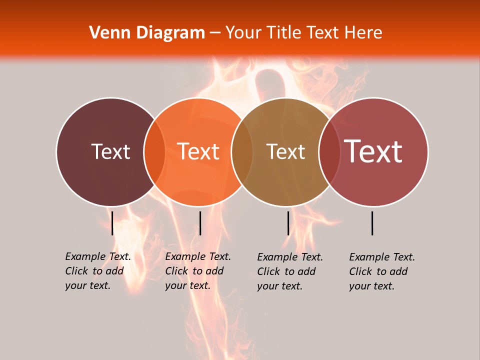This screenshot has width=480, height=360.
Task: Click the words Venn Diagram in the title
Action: click(147, 33)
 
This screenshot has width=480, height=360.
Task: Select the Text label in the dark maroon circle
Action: click(111, 151)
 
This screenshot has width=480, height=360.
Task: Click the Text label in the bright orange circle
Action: click(198, 151)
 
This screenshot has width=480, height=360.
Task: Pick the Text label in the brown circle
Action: click(286, 151)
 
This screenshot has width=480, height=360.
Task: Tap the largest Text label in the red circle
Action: click(373, 151)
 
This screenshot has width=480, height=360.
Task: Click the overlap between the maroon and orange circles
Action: click(154, 151)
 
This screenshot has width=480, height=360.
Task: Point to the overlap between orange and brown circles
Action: click(242, 151)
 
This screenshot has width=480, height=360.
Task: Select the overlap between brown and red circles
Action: click(329, 151)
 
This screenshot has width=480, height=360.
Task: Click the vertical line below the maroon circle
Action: click(112, 223)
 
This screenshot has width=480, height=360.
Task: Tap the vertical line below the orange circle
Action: click(200, 223)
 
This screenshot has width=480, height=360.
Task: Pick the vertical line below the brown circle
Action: click(288, 223)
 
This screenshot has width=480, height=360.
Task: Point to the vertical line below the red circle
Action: click(372, 223)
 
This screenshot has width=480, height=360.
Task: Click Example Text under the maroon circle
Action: click(98, 256)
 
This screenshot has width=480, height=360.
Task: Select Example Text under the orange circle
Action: click(198, 256)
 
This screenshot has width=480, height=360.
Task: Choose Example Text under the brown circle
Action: click(290, 257)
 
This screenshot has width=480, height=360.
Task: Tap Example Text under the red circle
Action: click(382, 257)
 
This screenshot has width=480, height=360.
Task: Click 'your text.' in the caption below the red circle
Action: click(371, 286)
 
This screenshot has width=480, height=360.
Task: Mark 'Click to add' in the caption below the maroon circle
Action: click(94, 271)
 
